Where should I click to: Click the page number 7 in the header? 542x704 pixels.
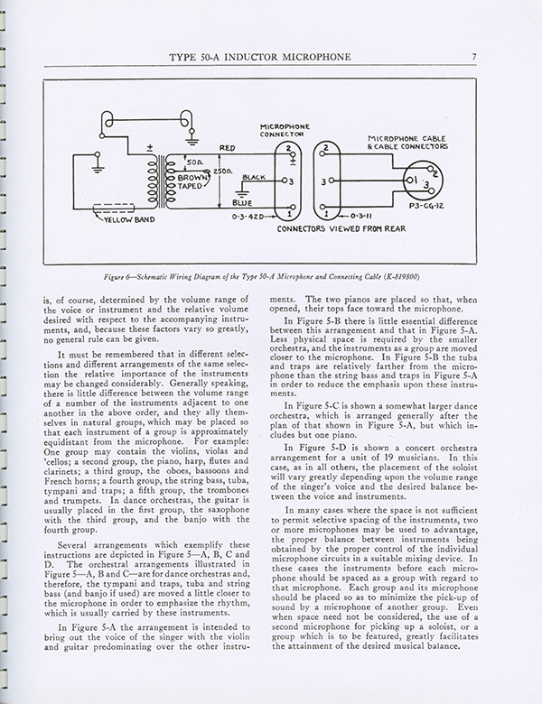pyautogui.click(x=487, y=60)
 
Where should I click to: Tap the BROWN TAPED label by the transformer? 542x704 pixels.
pyautogui.click(x=209, y=180)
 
